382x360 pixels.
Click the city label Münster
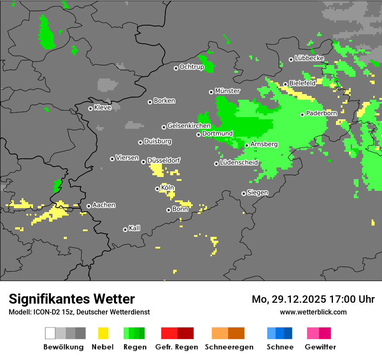point(227,91)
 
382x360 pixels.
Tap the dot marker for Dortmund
point(198,134)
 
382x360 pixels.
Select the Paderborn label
point(322,114)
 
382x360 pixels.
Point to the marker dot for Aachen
point(89,206)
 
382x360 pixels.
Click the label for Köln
point(167,188)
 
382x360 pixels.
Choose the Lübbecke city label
point(310,58)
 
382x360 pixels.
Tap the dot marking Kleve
point(90,108)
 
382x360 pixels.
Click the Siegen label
point(257,193)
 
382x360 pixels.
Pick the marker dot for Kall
point(125,229)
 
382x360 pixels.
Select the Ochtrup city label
point(192,67)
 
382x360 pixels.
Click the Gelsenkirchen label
point(189,126)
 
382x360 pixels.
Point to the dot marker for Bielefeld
point(285,84)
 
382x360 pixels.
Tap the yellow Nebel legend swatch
point(103,333)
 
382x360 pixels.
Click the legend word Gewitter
point(320,347)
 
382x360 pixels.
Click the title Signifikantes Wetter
point(72,299)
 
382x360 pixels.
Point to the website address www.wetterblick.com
point(313,312)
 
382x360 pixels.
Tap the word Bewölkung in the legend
point(63,347)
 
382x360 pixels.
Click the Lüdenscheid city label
point(239,163)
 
